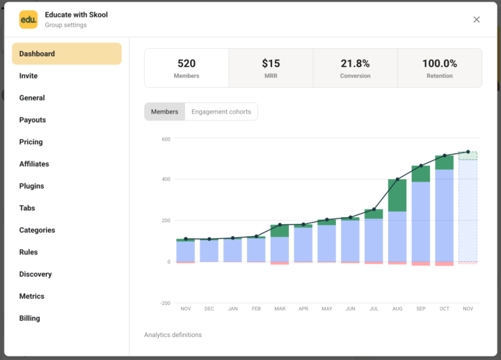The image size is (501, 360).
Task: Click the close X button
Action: (x=477, y=19)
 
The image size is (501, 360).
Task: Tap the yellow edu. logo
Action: (x=29, y=19)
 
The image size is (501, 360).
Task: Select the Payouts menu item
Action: (x=32, y=120)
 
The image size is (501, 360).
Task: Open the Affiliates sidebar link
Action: (x=34, y=164)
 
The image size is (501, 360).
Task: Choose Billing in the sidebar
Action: (x=29, y=318)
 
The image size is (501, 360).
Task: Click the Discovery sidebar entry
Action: (x=35, y=274)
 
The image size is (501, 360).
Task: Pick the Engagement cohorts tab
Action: (x=221, y=111)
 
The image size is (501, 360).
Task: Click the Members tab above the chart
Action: (x=165, y=111)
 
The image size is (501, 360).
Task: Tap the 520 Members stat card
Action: (x=186, y=68)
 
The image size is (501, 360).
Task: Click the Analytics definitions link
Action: (x=173, y=335)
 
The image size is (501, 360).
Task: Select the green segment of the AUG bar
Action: (x=397, y=195)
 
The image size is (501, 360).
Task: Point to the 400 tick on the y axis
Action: (x=166, y=180)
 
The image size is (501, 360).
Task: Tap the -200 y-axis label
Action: (x=165, y=304)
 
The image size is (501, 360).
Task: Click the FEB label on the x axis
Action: (x=256, y=308)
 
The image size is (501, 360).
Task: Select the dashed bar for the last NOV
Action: (x=468, y=209)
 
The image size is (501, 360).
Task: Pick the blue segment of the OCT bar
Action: (x=444, y=216)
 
